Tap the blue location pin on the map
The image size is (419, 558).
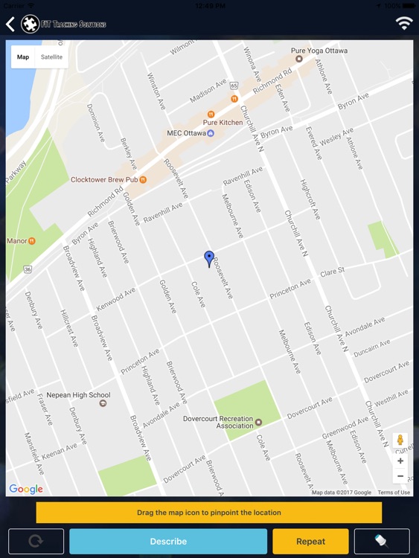209,258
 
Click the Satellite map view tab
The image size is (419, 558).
52,57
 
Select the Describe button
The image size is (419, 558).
168,542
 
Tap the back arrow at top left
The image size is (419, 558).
10,25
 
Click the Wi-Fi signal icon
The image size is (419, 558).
404,23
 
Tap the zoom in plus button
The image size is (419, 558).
400,461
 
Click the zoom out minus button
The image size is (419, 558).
400,476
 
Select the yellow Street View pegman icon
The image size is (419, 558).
400,440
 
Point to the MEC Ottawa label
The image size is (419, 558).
185,133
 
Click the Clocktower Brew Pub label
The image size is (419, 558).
104,179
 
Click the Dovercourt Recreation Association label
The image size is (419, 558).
218,422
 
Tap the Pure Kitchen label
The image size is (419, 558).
223,122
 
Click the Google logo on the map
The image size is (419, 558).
26,489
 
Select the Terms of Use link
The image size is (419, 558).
394,493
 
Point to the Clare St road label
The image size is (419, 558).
333,271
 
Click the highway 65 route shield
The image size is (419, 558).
234,86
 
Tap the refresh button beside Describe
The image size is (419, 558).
36,542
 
